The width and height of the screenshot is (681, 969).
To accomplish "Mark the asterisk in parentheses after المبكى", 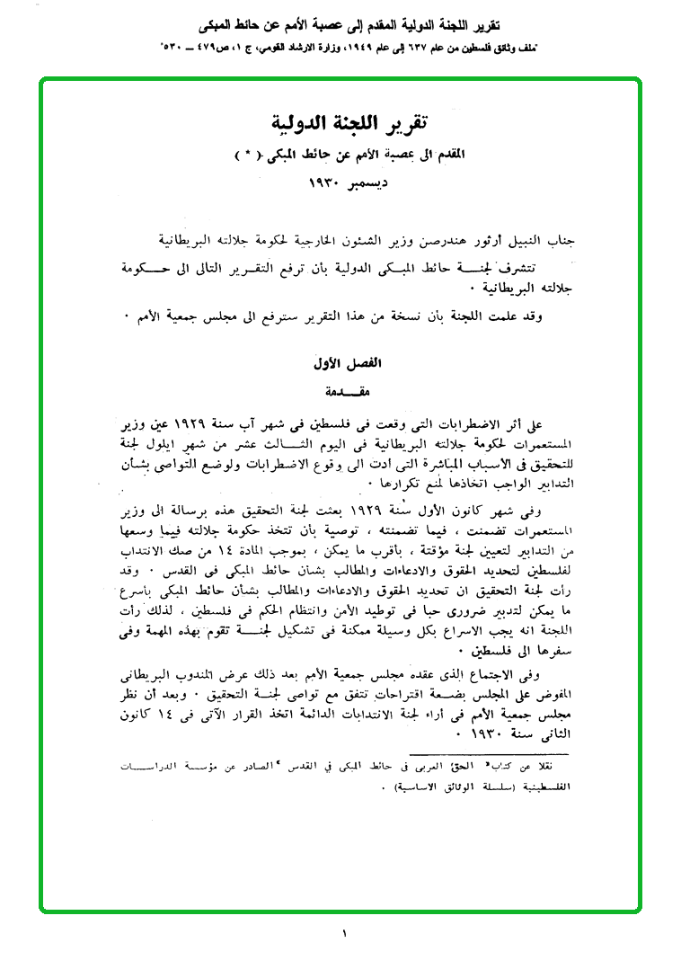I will [244, 154].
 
